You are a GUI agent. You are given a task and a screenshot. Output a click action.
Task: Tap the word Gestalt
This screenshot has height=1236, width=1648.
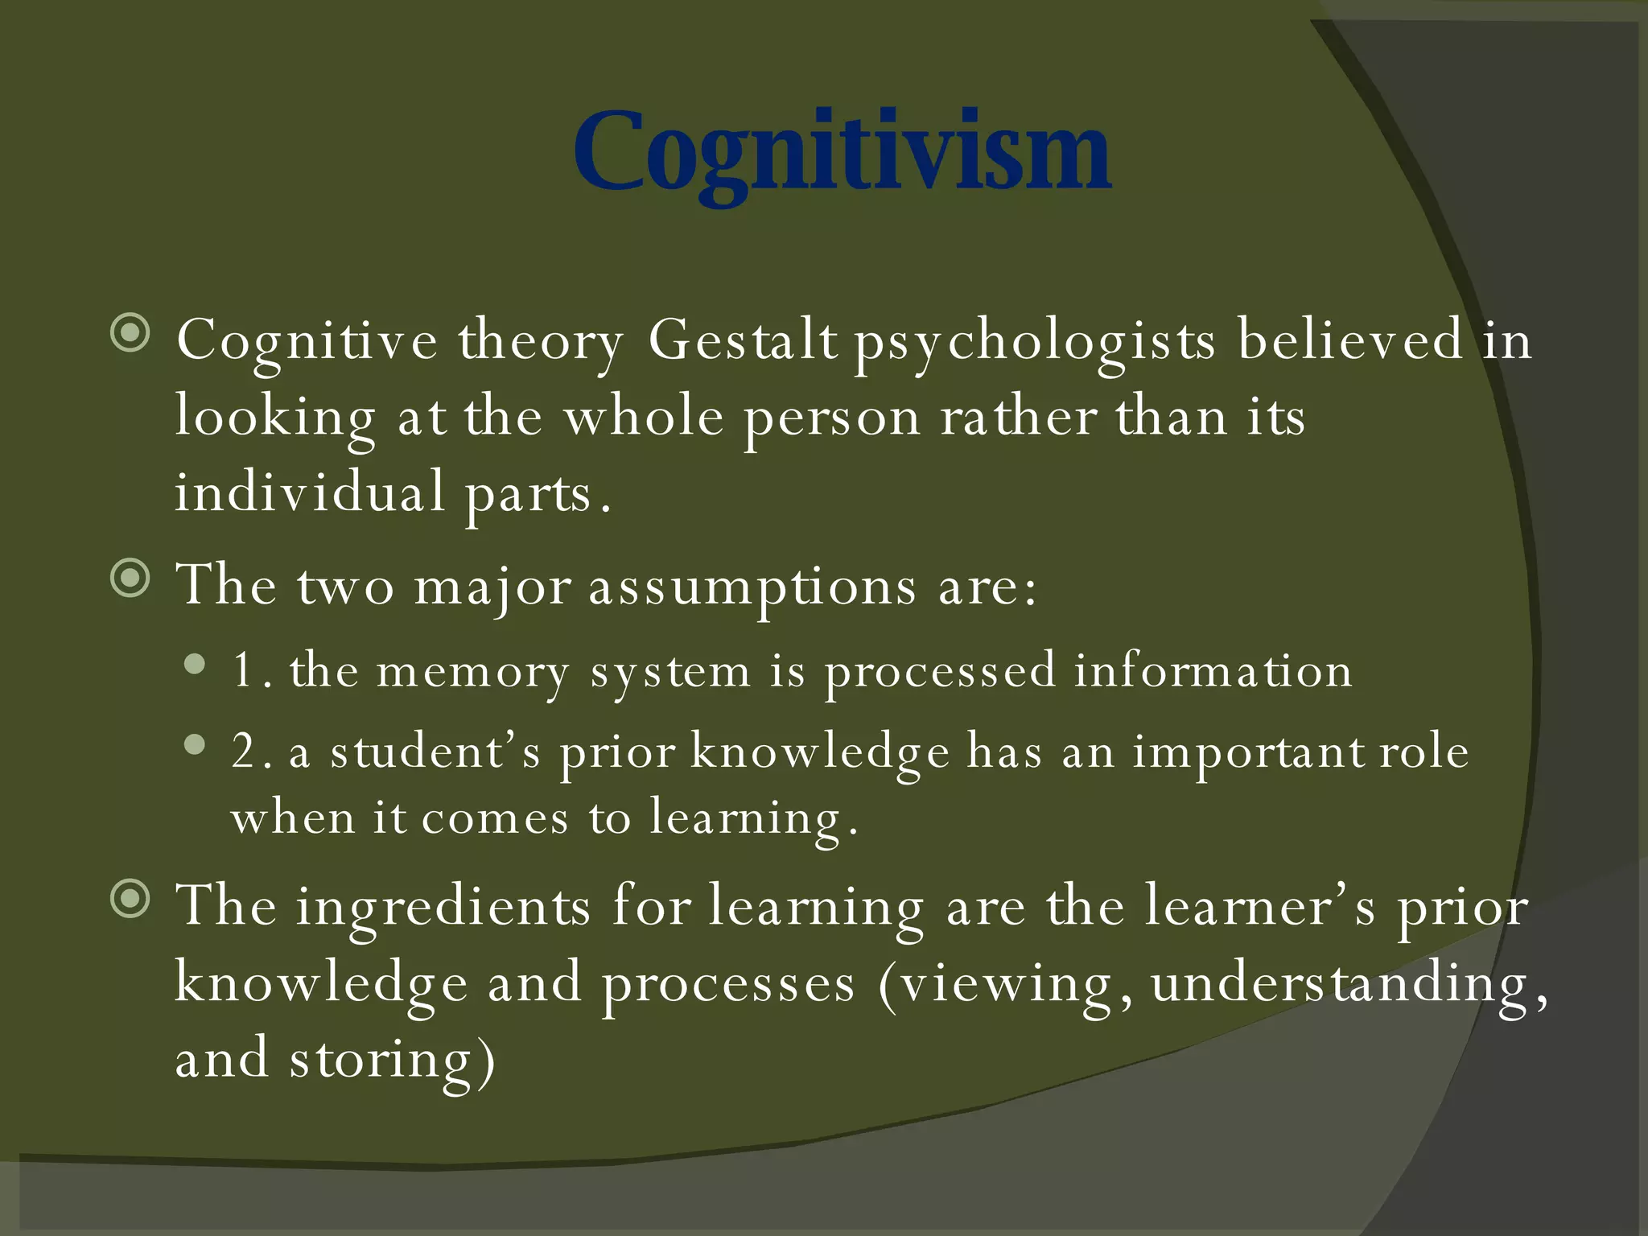tap(742, 340)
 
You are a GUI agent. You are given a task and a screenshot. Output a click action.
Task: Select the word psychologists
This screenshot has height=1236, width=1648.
tap(1034, 341)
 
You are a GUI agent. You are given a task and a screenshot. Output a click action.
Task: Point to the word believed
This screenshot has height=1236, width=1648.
tap(1349, 340)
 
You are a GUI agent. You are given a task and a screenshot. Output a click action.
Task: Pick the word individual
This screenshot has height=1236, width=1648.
tap(310, 492)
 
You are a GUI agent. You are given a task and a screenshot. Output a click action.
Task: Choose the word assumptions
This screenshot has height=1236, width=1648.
tap(752, 586)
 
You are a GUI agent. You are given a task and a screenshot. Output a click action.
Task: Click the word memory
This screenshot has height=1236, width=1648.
tap(473, 671)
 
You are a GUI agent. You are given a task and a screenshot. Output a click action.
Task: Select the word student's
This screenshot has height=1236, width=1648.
tap(435, 752)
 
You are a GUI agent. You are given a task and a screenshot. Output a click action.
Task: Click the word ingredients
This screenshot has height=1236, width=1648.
tap(443, 906)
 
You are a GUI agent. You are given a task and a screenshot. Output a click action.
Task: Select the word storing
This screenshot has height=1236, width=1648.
tap(391, 1059)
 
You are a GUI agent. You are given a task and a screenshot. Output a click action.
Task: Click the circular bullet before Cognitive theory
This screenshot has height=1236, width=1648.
tap(130, 333)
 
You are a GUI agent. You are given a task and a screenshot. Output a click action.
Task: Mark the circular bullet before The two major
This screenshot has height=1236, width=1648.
tap(130, 578)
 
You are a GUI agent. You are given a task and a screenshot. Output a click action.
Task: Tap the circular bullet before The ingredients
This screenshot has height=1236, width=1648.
tap(130, 899)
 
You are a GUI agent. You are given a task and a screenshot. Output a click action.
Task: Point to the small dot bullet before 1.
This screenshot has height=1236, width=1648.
tap(194, 665)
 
